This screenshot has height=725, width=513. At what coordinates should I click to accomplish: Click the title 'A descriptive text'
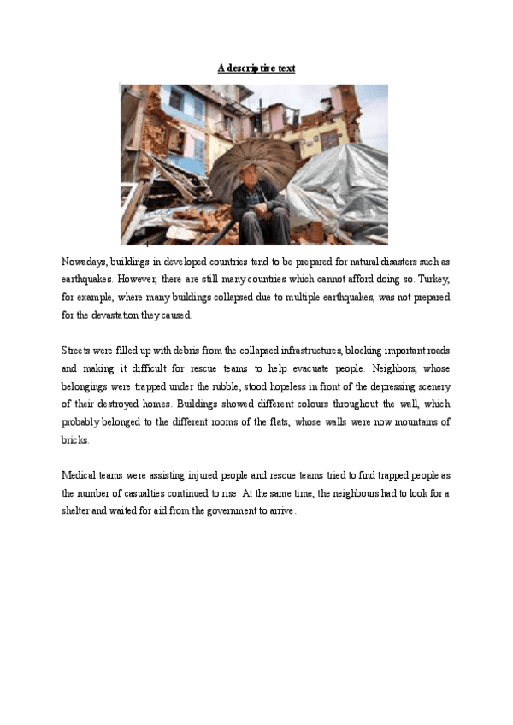point(256,68)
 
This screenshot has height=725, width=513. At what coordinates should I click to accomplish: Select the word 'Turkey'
point(433,279)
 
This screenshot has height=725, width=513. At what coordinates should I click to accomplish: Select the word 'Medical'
point(80,475)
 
